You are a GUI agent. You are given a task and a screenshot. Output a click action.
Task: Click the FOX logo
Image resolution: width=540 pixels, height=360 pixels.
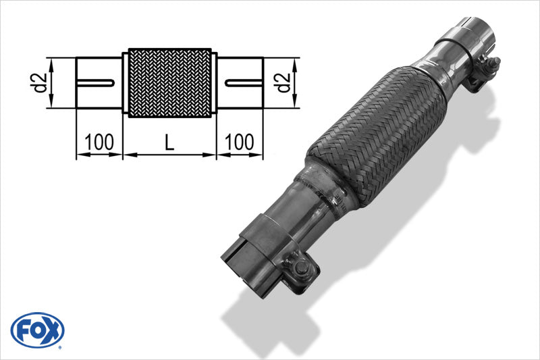38,330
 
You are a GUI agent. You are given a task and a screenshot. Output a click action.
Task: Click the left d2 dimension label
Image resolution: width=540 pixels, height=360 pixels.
40,82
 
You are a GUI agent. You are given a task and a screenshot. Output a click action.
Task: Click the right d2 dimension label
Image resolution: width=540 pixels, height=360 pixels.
284,82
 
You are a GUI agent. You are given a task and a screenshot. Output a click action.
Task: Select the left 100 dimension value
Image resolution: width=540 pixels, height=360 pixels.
99,142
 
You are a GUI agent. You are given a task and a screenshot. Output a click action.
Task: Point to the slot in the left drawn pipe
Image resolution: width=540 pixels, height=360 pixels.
96,83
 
